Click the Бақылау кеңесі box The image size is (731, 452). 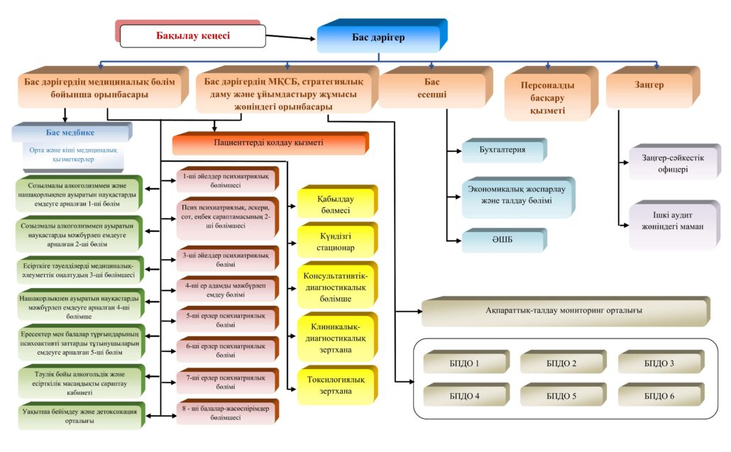coord(192,35)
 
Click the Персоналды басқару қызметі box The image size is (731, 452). coord(547,96)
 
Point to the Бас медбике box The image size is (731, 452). coord(70,133)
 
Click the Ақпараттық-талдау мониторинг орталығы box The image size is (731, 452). coord(561,311)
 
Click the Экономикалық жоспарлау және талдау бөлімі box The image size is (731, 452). coord(518,197)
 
